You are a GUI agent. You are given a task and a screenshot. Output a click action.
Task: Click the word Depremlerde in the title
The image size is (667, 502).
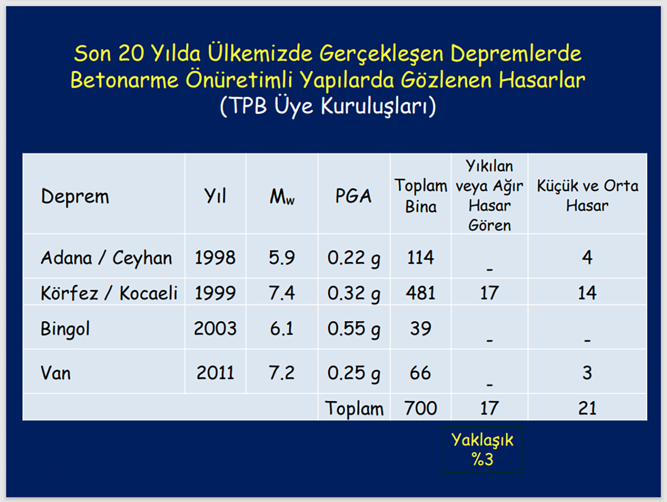click(x=515, y=54)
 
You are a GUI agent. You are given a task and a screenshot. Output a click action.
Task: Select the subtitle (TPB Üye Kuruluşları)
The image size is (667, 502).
click(x=328, y=106)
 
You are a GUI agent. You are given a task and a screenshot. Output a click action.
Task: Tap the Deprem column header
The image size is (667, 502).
click(x=75, y=196)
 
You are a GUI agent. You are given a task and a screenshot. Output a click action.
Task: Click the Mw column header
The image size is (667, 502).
click(x=282, y=196)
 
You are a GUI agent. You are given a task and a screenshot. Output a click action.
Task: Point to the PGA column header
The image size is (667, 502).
click(x=354, y=196)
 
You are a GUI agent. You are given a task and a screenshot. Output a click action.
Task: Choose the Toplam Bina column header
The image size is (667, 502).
click(x=421, y=196)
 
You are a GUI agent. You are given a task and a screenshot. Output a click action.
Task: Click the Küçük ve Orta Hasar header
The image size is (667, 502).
click(x=587, y=196)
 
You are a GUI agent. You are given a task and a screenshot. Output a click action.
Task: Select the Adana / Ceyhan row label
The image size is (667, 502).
click(x=106, y=258)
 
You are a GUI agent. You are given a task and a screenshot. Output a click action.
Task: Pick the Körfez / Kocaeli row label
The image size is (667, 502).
click(x=109, y=293)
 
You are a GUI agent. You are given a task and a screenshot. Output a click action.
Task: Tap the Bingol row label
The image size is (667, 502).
click(x=65, y=329)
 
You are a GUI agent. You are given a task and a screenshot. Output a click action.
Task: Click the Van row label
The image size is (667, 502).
click(x=56, y=373)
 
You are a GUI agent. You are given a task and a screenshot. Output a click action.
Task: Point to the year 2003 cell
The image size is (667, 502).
click(x=215, y=329)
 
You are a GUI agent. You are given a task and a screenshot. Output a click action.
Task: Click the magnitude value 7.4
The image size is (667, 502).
click(x=282, y=293)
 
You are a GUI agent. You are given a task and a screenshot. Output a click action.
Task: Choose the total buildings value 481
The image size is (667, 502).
click(x=421, y=293)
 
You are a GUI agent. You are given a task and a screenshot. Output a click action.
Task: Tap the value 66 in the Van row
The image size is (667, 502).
click(x=420, y=373)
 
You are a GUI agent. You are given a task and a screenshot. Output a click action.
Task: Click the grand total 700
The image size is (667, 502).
click(x=421, y=408)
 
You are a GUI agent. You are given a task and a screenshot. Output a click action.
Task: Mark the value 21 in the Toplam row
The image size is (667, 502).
click(x=587, y=408)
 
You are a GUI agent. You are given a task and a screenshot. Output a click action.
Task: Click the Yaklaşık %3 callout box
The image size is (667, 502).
click(x=482, y=450)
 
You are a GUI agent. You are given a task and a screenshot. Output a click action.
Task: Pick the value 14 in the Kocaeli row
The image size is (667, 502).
click(x=587, y=293)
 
